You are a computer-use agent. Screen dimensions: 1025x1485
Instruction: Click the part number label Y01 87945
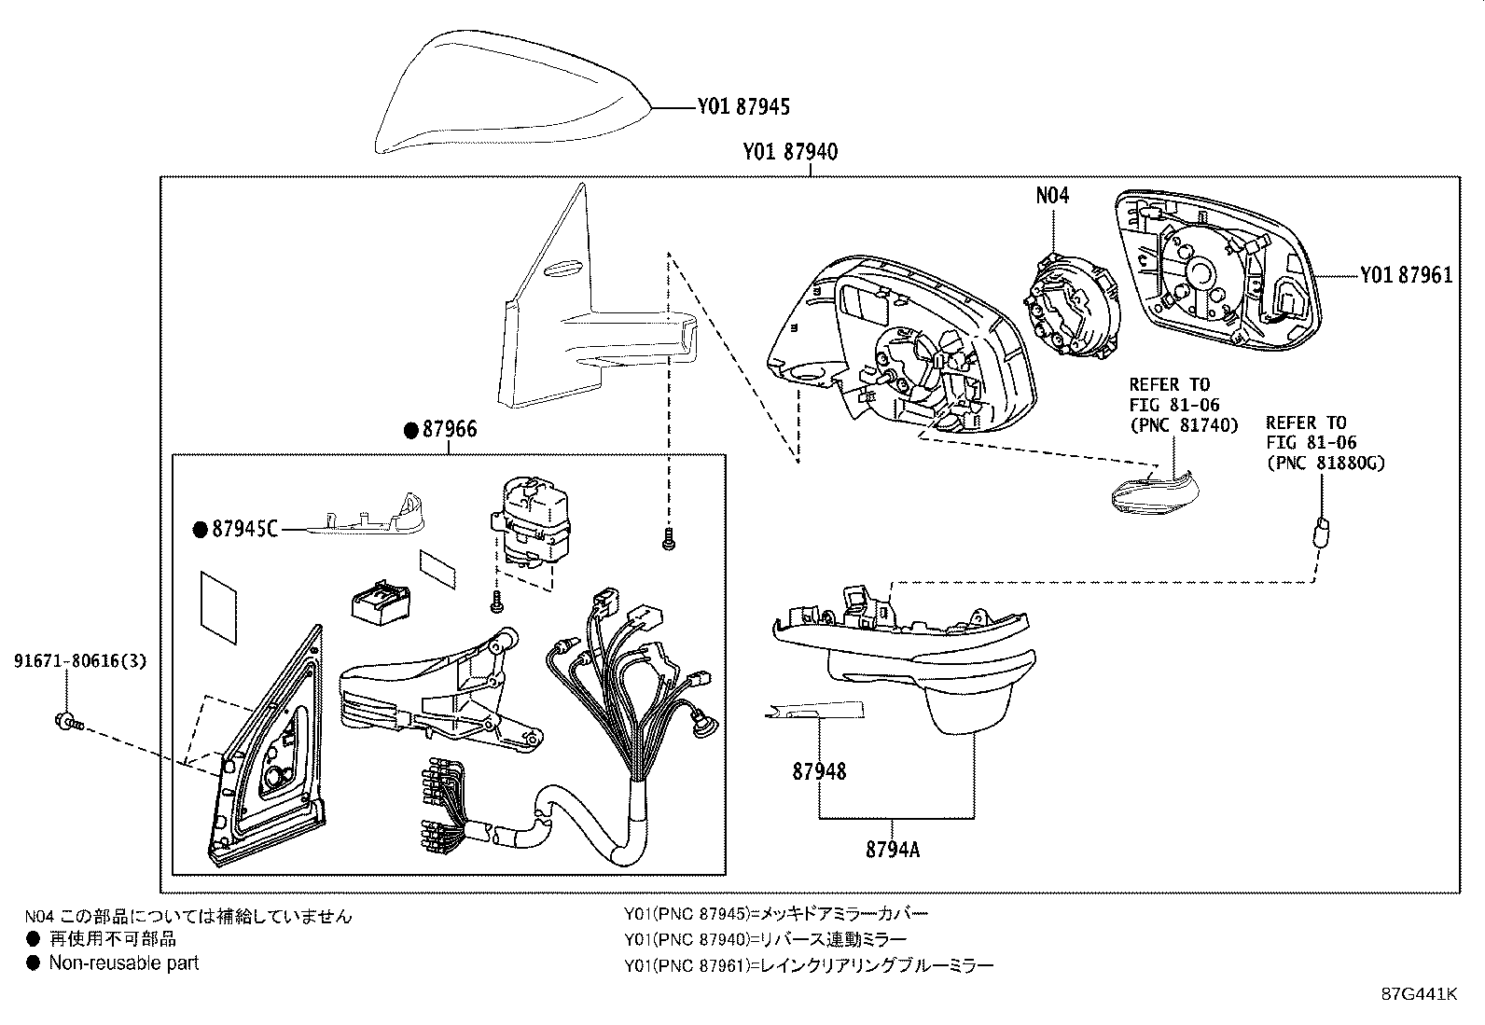pyautogui.click(x=742, y=107)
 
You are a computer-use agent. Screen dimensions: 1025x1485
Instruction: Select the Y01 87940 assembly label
pyautogui.click(x=790, y=152)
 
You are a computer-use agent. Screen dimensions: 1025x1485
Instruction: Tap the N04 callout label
pyautogui.click(x=1052, y=195)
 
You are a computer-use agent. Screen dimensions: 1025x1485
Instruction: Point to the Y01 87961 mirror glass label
pyautogui.click(x=1405, y=275)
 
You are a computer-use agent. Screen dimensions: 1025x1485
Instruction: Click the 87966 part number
pyautogui.click(x=450, y=429)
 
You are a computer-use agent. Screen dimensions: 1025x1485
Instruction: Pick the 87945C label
pyautogui.click(x=244, y=530)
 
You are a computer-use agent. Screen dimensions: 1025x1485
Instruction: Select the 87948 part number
pyautogui.click(x=819, y=771)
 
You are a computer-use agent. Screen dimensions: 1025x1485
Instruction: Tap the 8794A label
pyautogui.click(x=893, y=850)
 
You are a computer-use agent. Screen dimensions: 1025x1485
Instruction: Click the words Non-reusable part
pyautogui.click(x=123, y=963)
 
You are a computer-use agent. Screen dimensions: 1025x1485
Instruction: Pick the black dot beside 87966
pyautogui.click(x=410, y=430)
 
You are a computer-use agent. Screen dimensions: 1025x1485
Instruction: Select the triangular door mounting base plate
pyautogui.click(x=266, y=755)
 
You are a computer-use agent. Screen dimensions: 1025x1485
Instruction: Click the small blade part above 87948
pyautogui.click(x=812, y=713)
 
